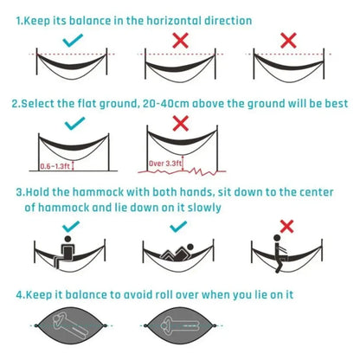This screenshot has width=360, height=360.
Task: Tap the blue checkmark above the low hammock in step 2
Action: [x=71, y=123]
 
